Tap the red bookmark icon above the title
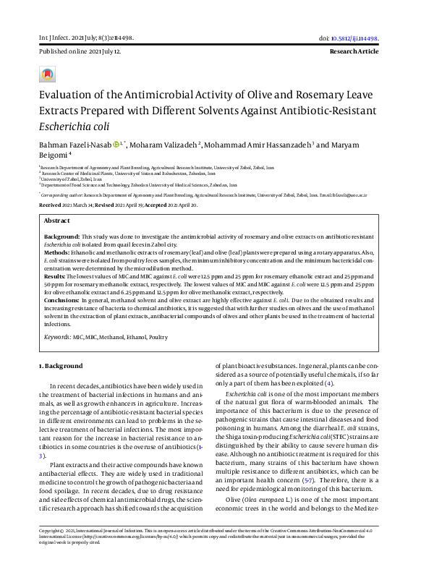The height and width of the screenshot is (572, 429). point(47,74)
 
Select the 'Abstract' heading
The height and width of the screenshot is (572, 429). point(57,221)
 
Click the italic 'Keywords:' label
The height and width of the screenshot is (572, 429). point(57,337)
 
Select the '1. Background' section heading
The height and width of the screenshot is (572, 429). point(61,366)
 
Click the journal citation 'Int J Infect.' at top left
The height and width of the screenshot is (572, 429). point(56,38)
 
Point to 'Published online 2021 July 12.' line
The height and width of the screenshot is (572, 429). point(80,53)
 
